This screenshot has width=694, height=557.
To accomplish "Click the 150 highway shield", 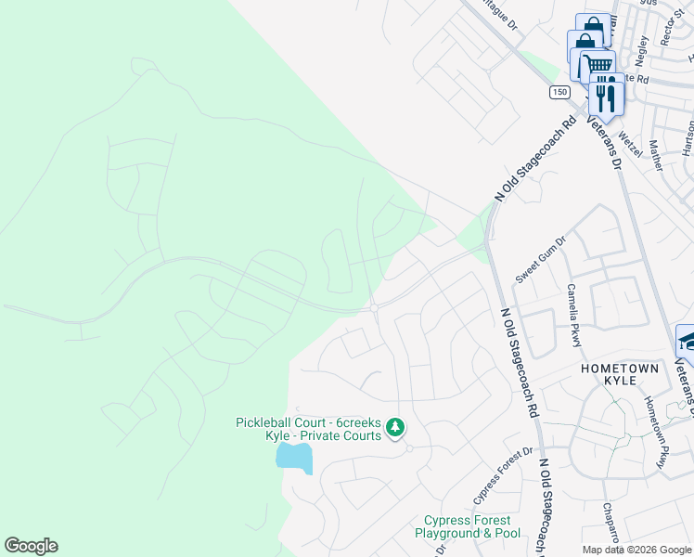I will [559, 91].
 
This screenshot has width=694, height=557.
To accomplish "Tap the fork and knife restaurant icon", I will [606, 95].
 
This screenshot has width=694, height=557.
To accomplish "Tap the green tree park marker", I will [395, 427].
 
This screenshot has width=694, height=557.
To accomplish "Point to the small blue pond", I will [294, 457].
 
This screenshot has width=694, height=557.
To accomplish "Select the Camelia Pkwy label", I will [574, 316].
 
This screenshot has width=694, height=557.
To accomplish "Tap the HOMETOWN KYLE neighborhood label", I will [620, 375].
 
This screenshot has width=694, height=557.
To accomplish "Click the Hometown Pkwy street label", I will [655, 432].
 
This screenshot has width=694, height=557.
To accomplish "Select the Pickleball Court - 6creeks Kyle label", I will [308, 429].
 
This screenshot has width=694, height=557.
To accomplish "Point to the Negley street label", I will [640, 49].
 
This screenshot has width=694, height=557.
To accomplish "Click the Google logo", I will [31, 546].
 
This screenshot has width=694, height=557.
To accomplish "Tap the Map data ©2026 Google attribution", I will [636, 550].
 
